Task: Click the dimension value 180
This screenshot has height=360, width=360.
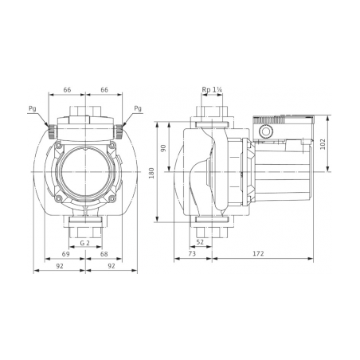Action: coord(151,173)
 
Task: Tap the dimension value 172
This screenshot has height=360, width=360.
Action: coord(258,254)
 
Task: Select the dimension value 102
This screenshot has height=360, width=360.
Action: coord(323,144)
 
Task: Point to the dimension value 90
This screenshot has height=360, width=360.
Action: coord(163,148)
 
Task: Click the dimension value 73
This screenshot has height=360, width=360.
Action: coord(192,254)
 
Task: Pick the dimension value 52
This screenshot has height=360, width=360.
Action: coord(200,242)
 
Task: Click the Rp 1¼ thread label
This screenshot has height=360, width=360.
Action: coord(212,90)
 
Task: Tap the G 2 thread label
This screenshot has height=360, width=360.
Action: coord(85,243)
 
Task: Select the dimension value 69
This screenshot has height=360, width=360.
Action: coord(65,254)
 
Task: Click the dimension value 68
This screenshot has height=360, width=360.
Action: coord(104,254)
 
